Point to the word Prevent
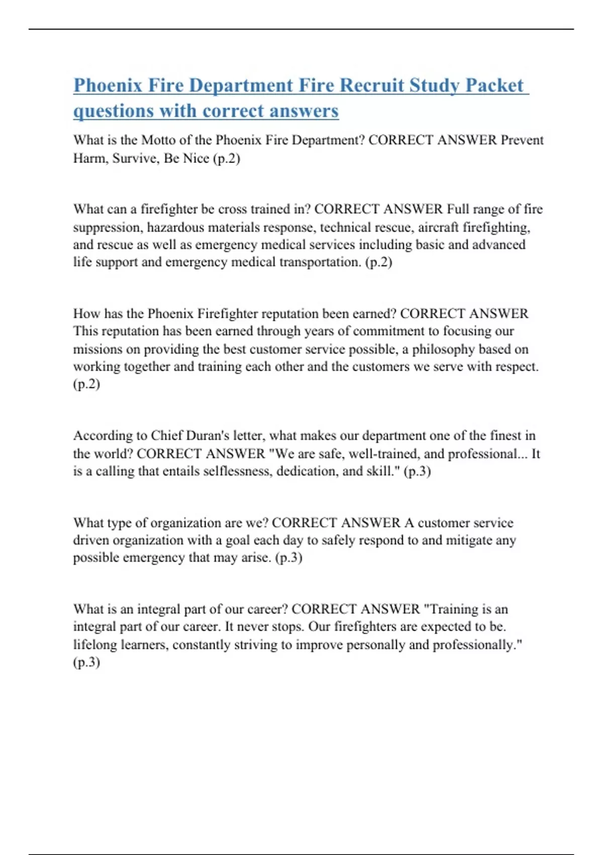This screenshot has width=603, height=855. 522,140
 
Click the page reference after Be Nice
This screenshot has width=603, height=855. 227,158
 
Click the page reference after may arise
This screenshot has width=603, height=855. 289,558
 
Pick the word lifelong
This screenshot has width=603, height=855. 94,645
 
